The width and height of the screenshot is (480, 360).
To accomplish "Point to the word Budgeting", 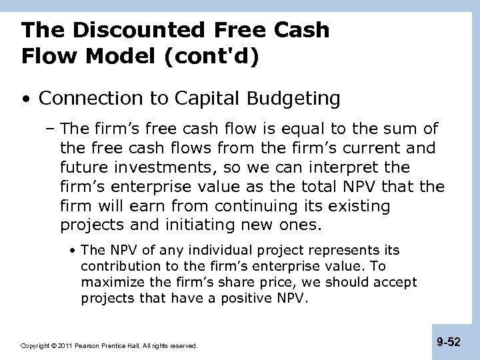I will pos(296,99).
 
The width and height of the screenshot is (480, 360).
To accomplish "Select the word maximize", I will pos(111,282).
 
